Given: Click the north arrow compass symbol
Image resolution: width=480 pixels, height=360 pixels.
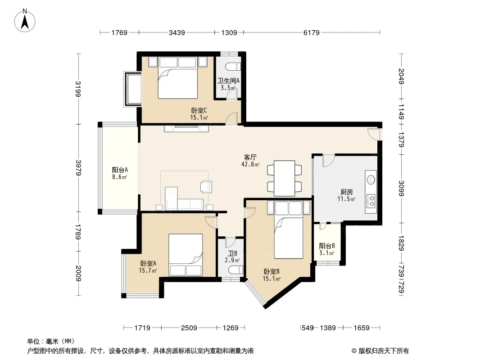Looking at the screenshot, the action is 25,21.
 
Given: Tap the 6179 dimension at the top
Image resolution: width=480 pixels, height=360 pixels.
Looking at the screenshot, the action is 311,32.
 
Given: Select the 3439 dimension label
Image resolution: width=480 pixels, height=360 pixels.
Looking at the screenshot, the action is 177,32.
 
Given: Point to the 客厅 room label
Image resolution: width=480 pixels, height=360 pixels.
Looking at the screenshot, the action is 250,157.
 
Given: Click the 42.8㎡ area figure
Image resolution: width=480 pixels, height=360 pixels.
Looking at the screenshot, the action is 250,165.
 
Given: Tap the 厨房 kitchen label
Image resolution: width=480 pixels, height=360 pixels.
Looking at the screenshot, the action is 347,192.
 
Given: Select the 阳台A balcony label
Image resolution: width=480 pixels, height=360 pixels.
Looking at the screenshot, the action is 120,170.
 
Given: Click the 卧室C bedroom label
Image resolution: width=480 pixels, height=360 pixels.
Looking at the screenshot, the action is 199,110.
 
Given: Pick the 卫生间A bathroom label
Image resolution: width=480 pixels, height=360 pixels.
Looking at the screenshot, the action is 228,81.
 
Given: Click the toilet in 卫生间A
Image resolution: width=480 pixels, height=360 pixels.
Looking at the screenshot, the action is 233,66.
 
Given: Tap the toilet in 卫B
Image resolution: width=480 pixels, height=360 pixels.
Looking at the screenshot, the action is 235,270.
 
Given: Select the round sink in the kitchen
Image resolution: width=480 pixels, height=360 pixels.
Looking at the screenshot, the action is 371,180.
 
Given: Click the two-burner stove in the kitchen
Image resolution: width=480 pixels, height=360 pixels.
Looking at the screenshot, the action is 371,201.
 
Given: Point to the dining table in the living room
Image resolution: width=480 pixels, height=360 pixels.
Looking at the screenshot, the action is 285,178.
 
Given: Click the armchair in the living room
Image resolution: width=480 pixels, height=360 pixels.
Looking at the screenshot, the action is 206,187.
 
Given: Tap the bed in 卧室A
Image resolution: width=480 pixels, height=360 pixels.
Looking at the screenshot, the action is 186,255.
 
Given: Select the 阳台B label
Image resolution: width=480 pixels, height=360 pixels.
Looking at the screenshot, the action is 327,246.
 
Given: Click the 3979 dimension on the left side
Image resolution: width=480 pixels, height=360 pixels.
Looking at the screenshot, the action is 79,167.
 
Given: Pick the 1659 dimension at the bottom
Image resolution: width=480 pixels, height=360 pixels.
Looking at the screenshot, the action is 362,328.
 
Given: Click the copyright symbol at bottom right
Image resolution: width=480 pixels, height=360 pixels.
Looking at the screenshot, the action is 354,351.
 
